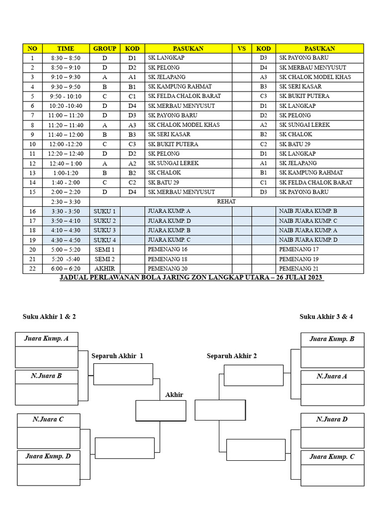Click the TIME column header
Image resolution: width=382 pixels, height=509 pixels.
pyautogui.click(x=66, y=48)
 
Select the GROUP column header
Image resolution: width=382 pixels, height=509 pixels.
pyautogui.click(x=104, y=48)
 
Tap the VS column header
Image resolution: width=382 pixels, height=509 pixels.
pyautogui.click(x=242, y=48)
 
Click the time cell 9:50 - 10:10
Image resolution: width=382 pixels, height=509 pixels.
pyautogui.click(x=66, y=96)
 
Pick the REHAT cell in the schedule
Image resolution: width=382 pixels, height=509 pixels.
pyautogui.click(x=226, y=201)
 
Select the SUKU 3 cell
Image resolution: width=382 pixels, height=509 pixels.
pyautogui.click(x=104, y=230)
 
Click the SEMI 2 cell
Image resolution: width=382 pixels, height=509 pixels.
pyautogui.click(x=104, y=259)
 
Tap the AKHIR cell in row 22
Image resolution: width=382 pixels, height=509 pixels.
pyautogui.click(x=104, y=268)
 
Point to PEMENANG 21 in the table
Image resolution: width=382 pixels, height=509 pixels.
pyautogui.click(x=299, y=268)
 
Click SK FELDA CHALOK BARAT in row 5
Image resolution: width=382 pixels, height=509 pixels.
pyautogui.click(x=185, y=96)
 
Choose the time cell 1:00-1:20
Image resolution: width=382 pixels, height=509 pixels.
pyautogui.click(x=66, y=172)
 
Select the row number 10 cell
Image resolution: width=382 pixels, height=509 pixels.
pyautogui.click(x=32, y=144)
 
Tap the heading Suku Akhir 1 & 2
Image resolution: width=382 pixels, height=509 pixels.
pyautogui.click(x=49, y=316)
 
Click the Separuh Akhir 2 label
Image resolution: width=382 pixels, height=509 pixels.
pyautogui.click(x=232, y=356)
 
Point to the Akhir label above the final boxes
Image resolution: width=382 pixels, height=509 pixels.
pyautogui.click(x=174, y=395)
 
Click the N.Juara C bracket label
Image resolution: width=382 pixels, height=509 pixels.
pyautogui.click(x=48, y=419)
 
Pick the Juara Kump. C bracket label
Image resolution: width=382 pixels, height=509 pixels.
pyautogui.click(x=332, y=457)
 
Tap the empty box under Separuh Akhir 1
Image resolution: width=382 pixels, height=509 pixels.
pyautogui.click(x=123, y=374)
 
